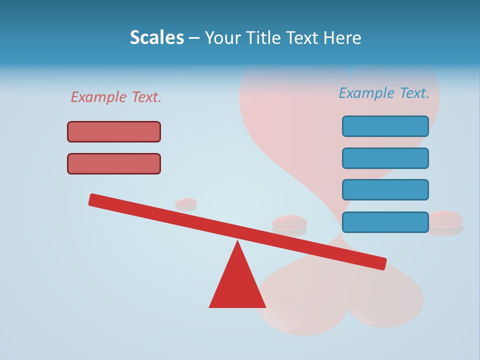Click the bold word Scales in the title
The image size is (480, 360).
click(157, 37)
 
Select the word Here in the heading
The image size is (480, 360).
click(342, 37)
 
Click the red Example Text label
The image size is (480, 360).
click(116, 97)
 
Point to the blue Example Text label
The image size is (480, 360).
click(384, 93)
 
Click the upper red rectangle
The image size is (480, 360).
click(114, 131)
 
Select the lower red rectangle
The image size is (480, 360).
click(114, 163)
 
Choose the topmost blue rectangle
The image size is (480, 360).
click(385, 126)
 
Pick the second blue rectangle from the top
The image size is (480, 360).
click(385, 158)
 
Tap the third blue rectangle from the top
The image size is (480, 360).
click(385, 189)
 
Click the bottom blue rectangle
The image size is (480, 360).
click(385, 222)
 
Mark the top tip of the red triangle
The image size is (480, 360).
click(237, 242)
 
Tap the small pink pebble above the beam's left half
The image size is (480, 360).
click(186, 202)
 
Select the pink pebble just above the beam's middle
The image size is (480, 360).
click(289, 222)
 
